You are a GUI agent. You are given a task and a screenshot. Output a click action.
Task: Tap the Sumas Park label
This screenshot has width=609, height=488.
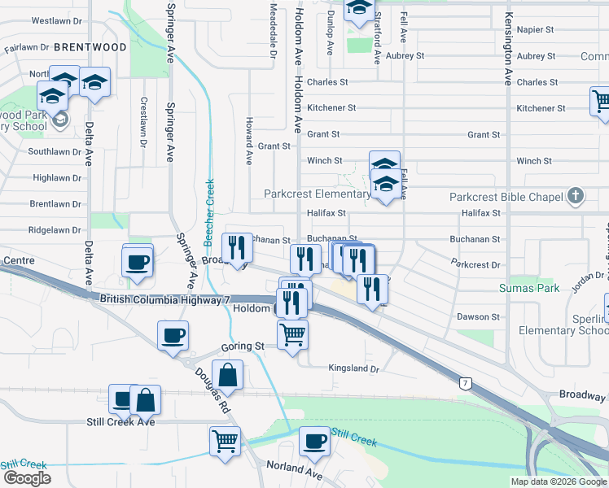[x=528, y=289]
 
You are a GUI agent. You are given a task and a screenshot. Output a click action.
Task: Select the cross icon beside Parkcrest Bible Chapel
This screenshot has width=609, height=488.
[x=576, y=195]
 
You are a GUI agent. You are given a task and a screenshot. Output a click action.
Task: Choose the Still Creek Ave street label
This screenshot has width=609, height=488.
[x=120, y=422]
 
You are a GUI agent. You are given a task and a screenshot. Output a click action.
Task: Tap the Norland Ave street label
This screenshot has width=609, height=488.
[x=295, y=469]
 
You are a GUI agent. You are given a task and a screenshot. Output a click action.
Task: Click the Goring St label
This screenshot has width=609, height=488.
[x=243, y=346]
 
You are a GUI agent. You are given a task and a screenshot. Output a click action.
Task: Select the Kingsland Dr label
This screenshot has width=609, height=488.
[x=354, y=368]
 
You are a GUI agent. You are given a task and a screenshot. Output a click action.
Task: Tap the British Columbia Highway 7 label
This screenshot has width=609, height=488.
[x=164, y=300]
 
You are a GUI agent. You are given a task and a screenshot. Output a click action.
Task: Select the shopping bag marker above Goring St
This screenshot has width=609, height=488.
[x=228, y=375]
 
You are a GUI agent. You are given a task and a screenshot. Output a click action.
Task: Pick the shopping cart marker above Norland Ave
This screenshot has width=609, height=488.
[x=226, y=442]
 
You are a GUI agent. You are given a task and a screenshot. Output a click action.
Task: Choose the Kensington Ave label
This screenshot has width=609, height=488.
[x=508, y=49]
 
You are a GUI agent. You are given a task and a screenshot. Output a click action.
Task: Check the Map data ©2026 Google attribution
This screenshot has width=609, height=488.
[x=559, y=481]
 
